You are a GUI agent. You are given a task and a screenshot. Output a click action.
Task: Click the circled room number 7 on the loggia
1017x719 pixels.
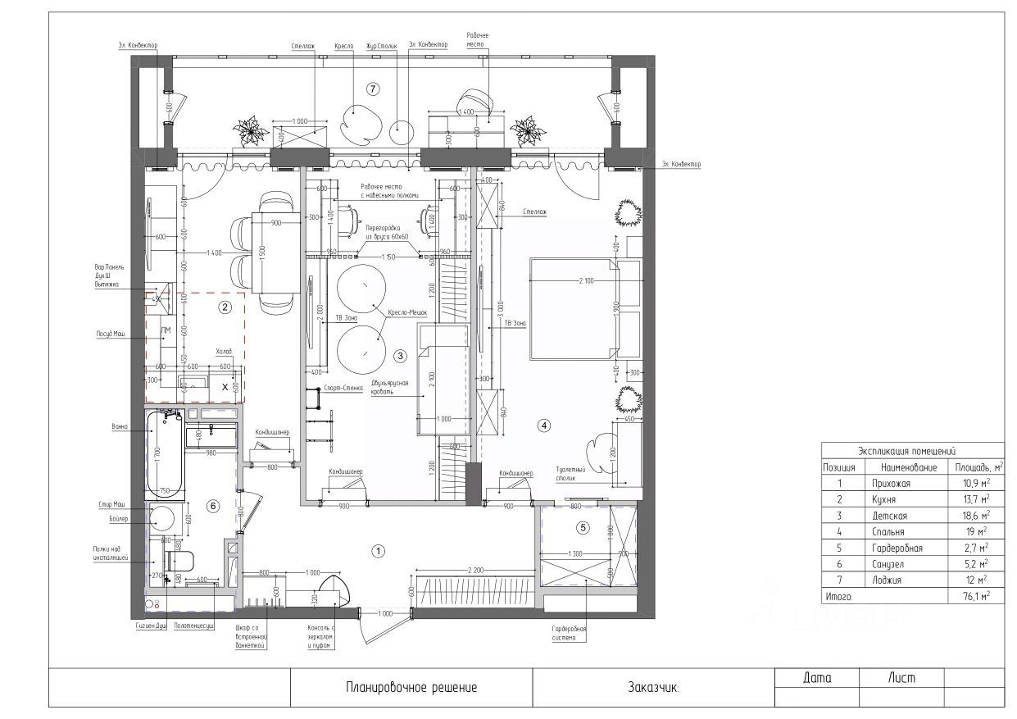373,89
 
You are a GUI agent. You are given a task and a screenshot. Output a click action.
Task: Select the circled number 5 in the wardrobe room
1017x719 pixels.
583,527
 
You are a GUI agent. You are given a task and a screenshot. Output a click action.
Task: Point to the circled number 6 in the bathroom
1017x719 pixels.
213,506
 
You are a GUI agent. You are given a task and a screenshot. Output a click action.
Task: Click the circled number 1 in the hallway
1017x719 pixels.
378,551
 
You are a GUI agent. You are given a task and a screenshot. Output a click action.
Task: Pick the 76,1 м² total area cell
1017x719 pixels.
973,598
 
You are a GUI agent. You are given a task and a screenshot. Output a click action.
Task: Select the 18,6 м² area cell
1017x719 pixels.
973,516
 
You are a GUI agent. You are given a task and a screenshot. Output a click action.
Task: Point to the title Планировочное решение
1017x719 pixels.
411,688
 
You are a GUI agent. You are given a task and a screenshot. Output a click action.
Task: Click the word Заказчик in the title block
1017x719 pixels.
652,688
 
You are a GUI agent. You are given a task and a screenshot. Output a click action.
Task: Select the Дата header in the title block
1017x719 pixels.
816,678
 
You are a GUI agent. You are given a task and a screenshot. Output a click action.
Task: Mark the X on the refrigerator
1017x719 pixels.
225,385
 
